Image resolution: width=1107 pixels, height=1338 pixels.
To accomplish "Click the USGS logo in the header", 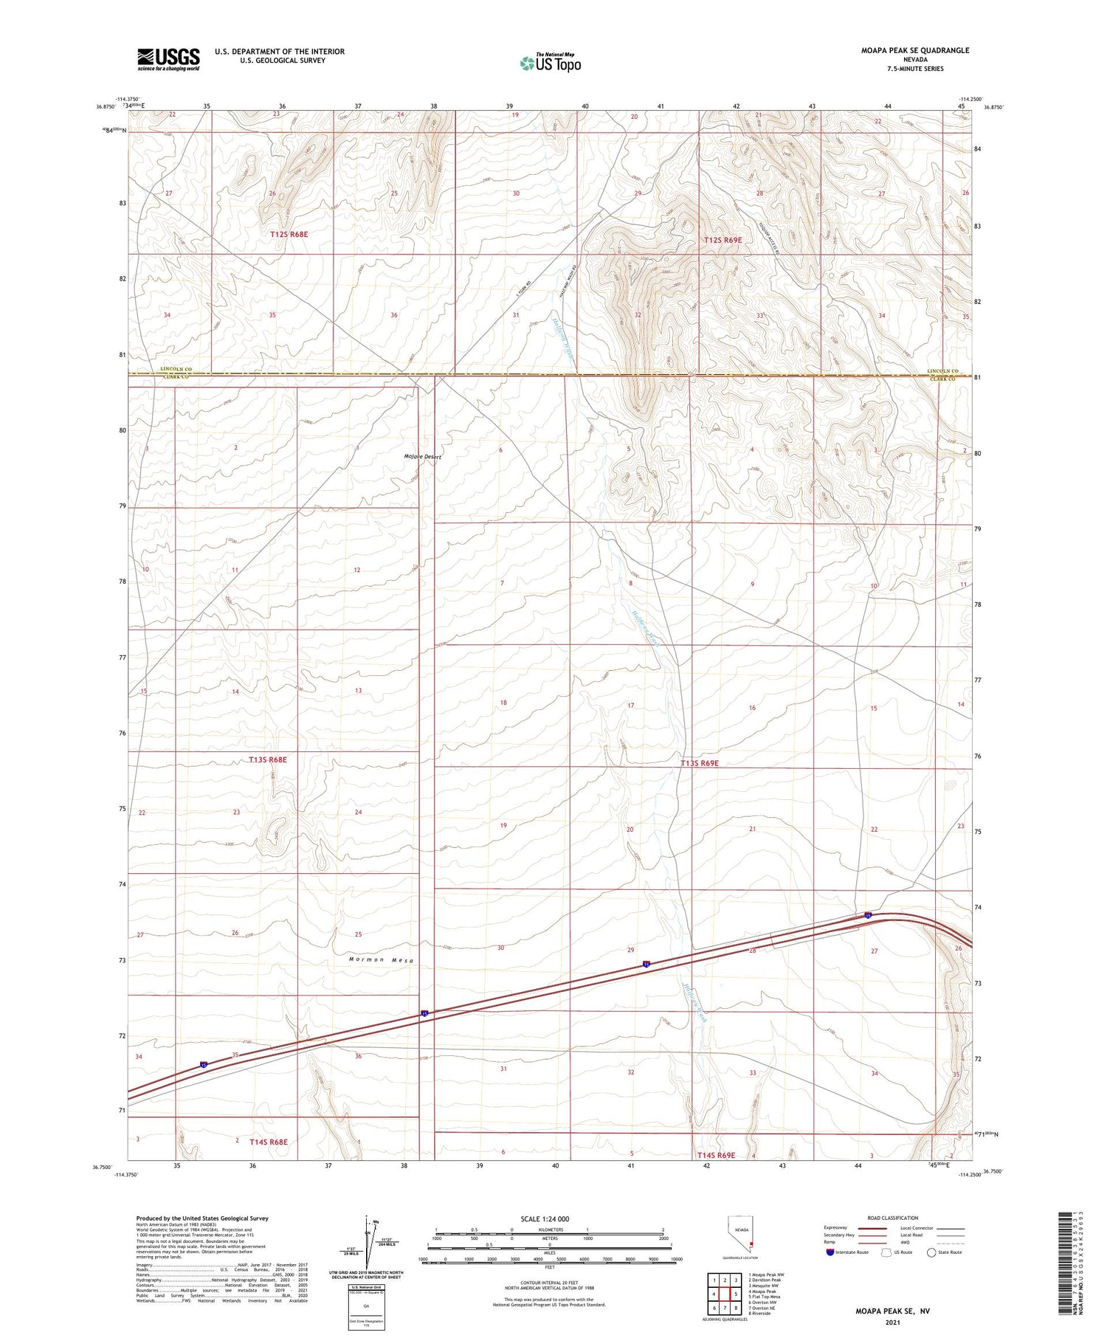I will click(168, 59).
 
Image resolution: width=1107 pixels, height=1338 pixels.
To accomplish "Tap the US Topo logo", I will click(551, 63).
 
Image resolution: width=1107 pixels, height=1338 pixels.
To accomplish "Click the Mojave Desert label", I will click(422, 457).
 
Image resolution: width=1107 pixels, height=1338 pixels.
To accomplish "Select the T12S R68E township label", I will click(289, 234).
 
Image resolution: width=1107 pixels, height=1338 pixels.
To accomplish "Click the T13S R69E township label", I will click(709, 764).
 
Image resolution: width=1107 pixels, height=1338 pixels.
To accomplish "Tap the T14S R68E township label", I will click(268, 1142).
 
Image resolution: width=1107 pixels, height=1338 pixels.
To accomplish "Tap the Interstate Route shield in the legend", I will click(830, 1252).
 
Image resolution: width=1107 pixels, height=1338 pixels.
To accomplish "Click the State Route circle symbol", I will click(931, 1252).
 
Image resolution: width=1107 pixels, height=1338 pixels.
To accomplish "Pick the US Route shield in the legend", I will click(886, 1252).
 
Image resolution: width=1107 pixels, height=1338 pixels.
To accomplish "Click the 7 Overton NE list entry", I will click(765, 1308).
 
